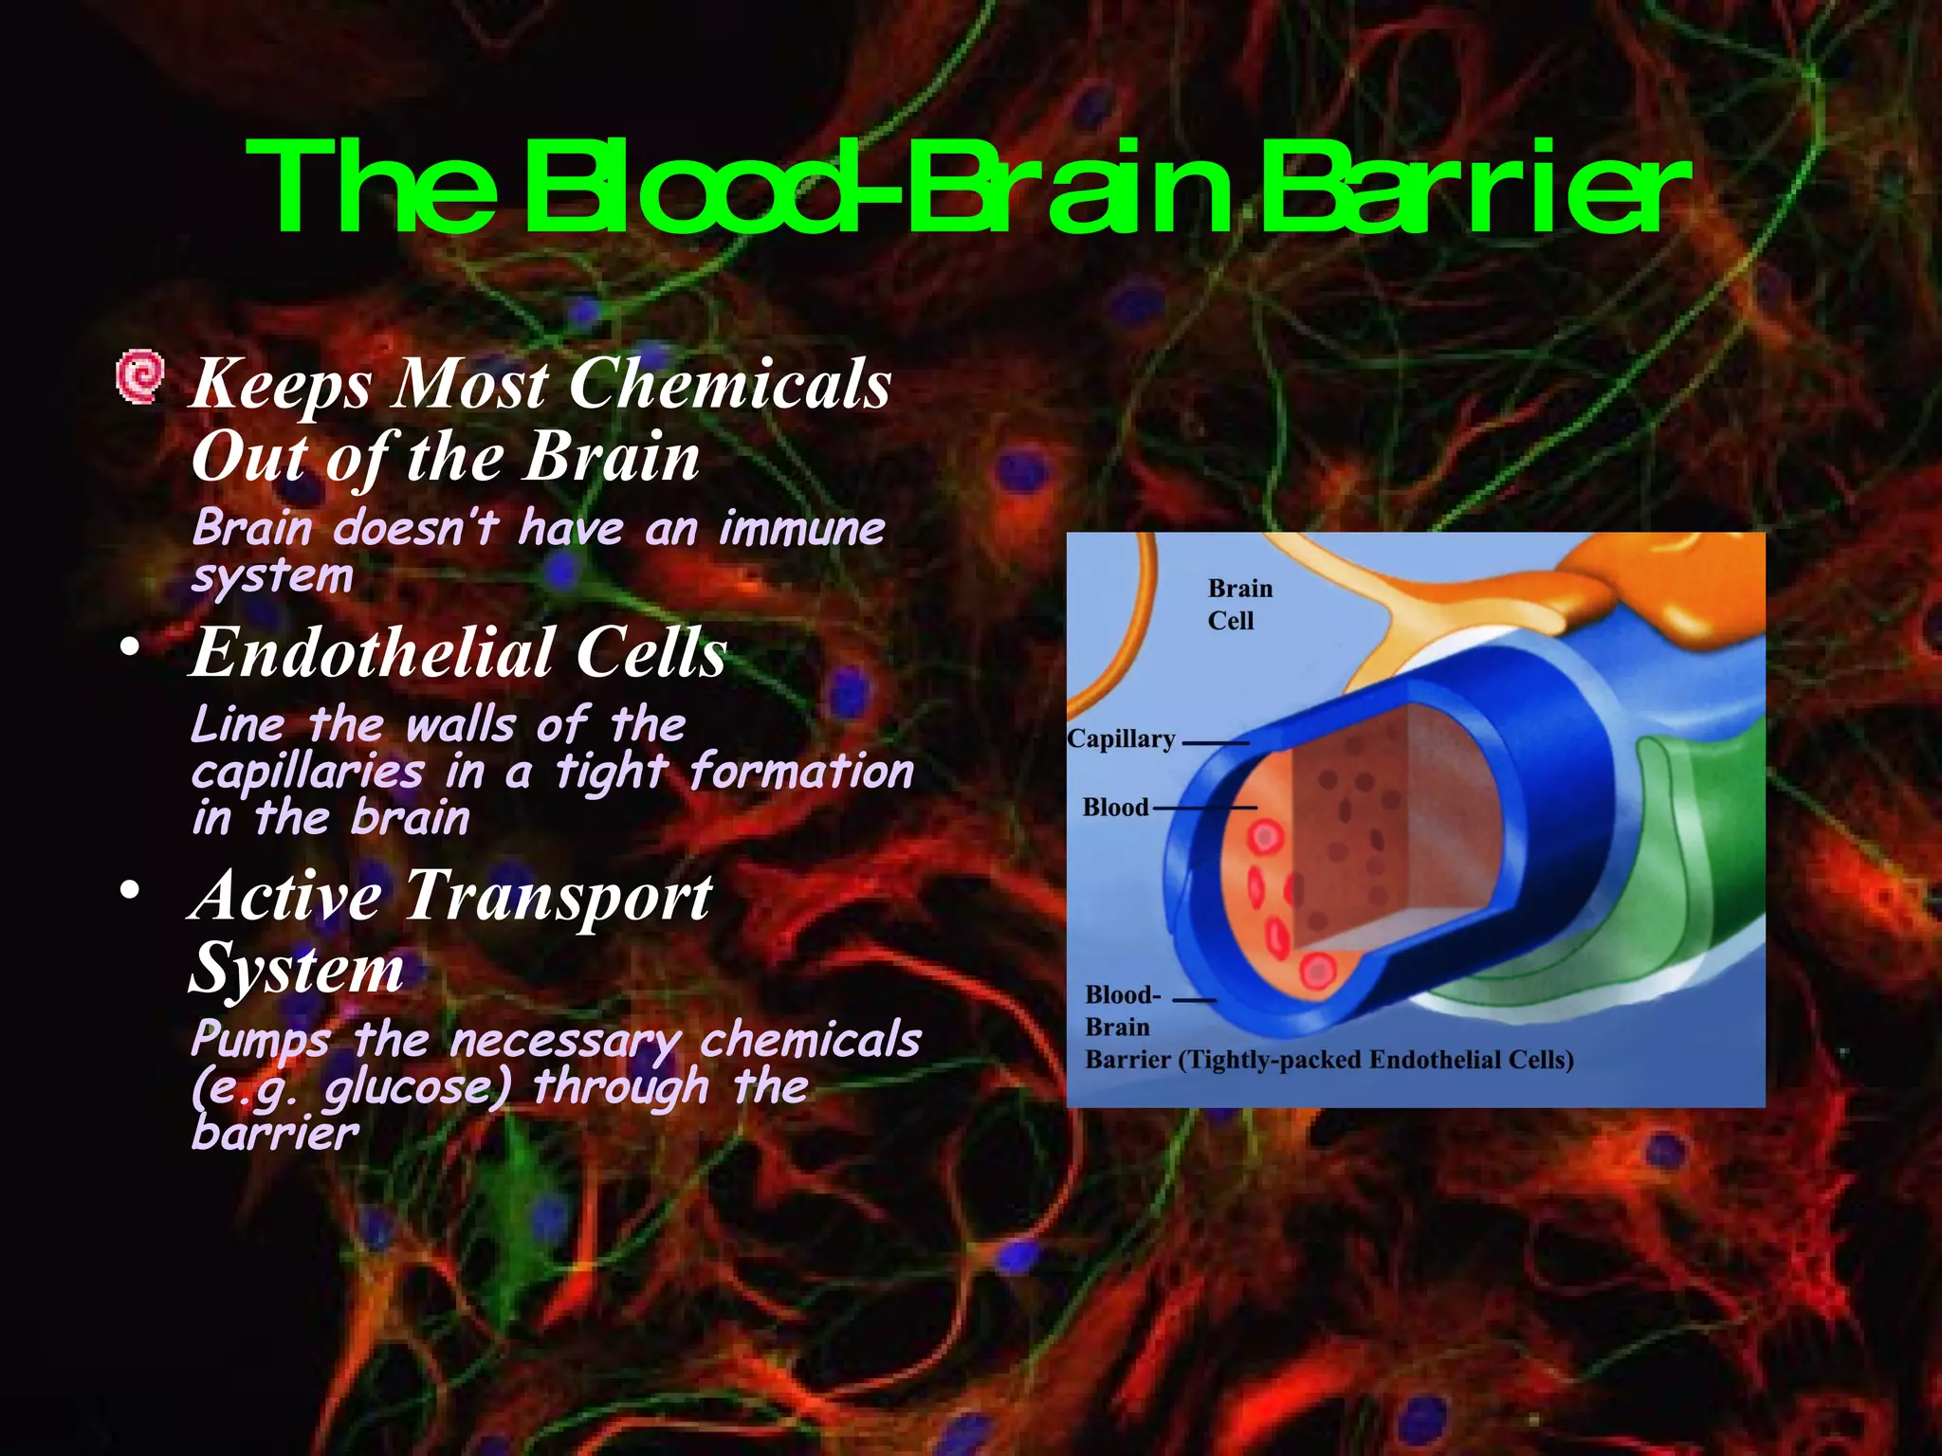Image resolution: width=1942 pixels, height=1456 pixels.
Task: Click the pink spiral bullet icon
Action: click(139, 377)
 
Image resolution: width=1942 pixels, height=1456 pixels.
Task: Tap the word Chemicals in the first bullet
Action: click(730, 385)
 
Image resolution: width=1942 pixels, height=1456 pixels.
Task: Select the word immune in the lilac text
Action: click(801, 528)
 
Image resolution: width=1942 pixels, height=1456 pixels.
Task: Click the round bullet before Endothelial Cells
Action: click(130, 648)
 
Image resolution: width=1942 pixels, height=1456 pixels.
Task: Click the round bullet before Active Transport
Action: click(130, 890)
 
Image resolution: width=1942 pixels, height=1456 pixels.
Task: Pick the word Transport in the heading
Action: click(559, 896)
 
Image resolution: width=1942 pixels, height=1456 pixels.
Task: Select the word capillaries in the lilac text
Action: click(307, 773)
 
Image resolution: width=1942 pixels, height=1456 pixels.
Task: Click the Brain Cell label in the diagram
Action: click(1238, 605)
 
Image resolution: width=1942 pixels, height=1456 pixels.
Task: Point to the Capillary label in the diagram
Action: click(1121, 739)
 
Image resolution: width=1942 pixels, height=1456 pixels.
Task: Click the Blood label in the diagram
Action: click(1115, 808)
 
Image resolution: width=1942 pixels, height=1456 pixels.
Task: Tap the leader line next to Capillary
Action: click(1215, 743)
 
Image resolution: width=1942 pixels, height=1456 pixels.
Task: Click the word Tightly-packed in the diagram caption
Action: click(1270, 1060)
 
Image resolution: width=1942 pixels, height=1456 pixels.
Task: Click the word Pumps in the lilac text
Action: click(261, 1041)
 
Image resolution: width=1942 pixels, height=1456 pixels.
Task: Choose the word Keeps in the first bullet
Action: click(282, 386)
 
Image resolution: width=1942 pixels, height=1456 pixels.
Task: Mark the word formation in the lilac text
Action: click(801, 772)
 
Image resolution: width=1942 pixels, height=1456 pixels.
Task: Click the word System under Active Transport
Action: click(297, 970)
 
